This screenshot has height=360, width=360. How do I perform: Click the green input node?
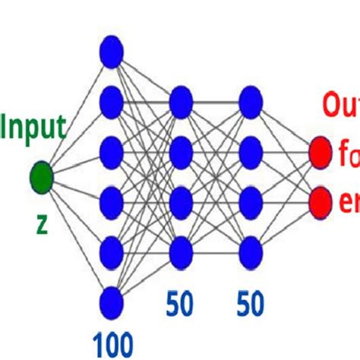click(41, 179)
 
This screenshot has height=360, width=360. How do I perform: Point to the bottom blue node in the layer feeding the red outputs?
click(251, 251)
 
